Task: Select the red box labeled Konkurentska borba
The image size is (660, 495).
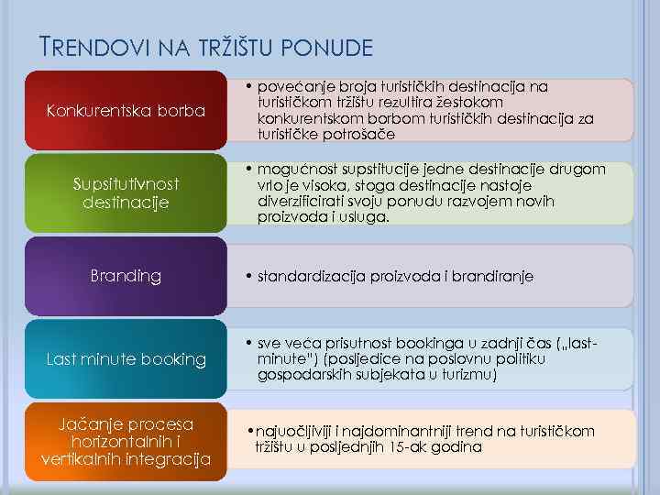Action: (x=126, y=111)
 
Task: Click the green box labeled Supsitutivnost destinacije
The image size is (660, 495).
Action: (x=126, y=192)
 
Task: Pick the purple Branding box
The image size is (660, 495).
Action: (x=126, y=275)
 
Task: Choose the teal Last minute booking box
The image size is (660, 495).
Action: (x=126, y=358)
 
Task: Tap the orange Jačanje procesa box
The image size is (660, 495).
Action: (x=126, y=441)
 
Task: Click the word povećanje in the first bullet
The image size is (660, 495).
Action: (x=295, y=86)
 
